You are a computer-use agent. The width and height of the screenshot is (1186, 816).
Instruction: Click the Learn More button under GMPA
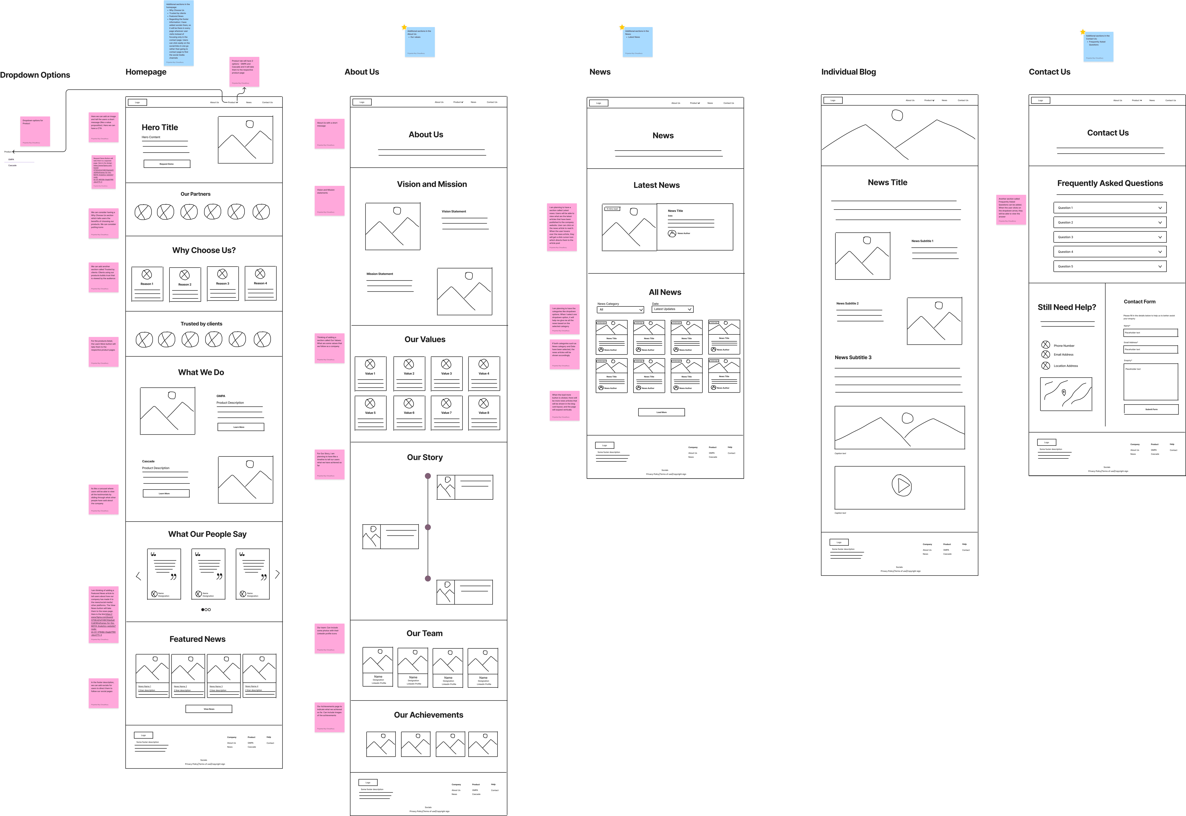tap(241, 427)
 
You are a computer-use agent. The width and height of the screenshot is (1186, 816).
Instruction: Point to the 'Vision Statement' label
tap(454, 211)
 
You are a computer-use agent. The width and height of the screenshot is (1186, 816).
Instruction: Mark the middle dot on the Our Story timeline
tap(428, 527)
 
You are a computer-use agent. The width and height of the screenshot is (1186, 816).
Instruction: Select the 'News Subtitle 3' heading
tap(853, 357)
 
